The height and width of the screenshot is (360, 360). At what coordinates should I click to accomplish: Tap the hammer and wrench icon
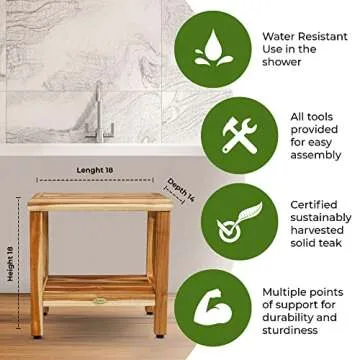pos(212,136)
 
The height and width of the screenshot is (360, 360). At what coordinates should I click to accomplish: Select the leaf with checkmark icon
pos(212,221)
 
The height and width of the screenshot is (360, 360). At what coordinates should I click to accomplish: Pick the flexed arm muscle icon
pos(212,306)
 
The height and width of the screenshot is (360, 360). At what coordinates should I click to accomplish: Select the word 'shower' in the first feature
pos(282,62)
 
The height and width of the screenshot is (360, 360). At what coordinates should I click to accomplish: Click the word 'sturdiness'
pos(298,331)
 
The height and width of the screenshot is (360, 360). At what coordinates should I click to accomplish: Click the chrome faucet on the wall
pos(99,115)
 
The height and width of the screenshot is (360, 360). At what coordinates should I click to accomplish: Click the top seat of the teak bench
pos(99,200)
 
